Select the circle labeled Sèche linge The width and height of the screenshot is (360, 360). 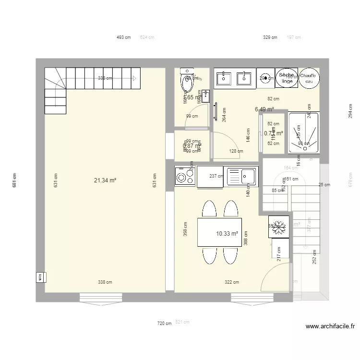point(287,78)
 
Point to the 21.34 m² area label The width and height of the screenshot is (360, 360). point(105,180)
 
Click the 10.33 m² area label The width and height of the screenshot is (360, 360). point(227,234)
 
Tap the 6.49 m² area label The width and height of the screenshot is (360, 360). point(264,109)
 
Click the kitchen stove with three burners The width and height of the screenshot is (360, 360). point(182,177)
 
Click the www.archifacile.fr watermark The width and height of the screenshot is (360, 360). point(330,326)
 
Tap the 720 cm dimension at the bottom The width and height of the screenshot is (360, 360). point(164,324)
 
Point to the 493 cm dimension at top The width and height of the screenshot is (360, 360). point(124,37)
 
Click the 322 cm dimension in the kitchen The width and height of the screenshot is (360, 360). point(232,282)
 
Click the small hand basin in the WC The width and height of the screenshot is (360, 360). point(205,96)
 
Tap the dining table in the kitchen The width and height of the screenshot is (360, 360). point(219,232)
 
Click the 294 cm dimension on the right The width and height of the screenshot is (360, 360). point(350,111)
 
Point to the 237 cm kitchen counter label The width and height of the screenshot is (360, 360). point(216,176)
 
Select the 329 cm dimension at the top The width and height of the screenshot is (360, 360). point(270,37)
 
